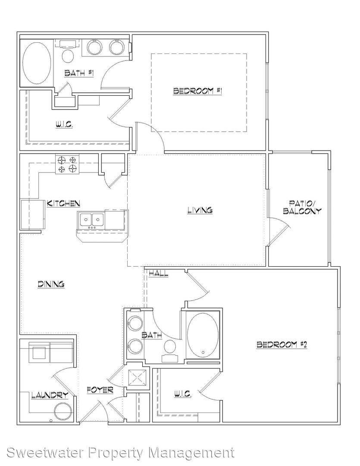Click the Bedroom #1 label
click(x=198, y=91)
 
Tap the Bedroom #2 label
click(x=281, y=344)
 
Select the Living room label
click(x=200, y=210)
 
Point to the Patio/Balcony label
click(x=302, y=207)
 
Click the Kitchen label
click(x=63, y=203)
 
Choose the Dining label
click(x=51, y=284)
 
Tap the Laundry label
click(x=50, y=395)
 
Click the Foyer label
click(x=100, y=390)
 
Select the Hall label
click(x=158, y=274)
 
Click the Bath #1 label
click(x=79, y=73)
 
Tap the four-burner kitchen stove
click(x=67, y=165)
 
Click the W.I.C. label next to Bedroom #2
click(x=183, y=395)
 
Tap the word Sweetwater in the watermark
click(x=45, y=453)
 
